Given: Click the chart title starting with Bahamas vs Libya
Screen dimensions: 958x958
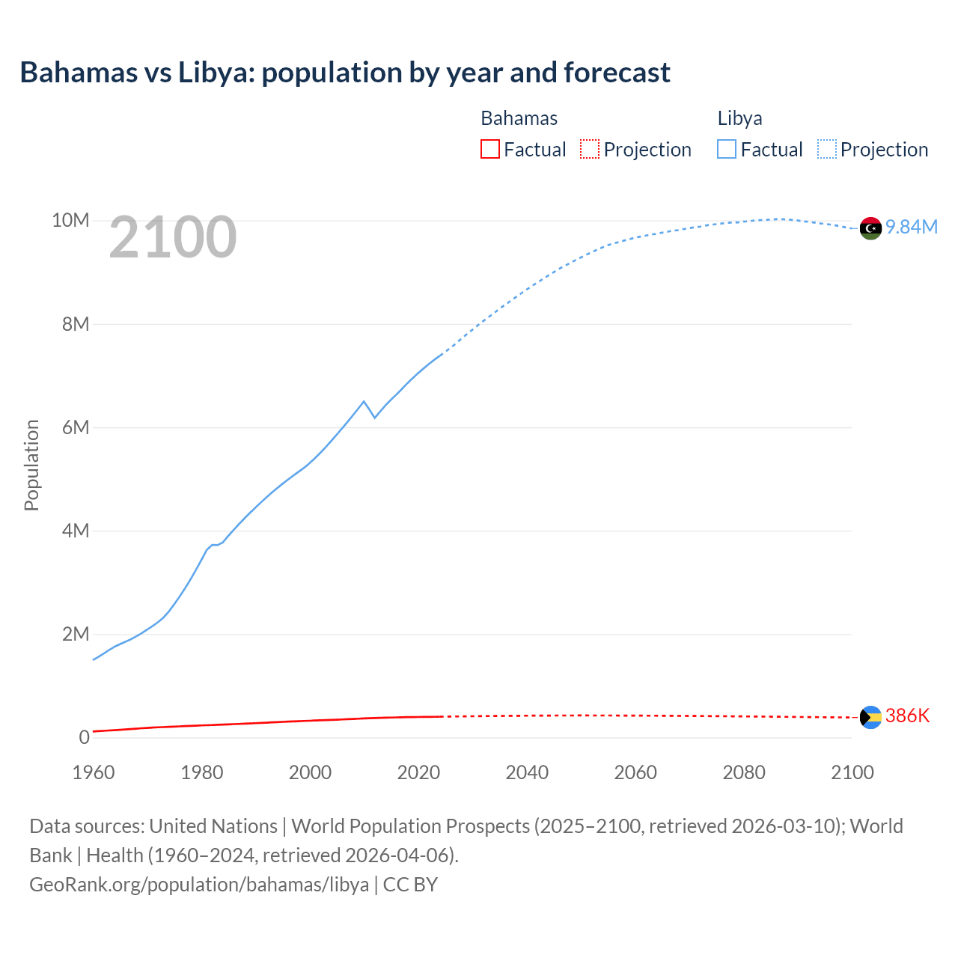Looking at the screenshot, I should pos(345,73).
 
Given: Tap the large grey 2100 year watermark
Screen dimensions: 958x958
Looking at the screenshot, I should pos(173,237).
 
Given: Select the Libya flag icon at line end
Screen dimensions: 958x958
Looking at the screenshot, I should pos(870,228).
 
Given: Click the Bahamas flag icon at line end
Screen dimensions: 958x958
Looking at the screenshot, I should pos(870,717).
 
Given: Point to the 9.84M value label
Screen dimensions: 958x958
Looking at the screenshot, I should pos(912,228).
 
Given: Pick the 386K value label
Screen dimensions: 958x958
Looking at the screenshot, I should pos(907,716).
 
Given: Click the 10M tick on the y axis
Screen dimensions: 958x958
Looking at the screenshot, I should pos(70,221).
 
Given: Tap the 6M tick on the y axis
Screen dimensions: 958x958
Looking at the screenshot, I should pos(76,427).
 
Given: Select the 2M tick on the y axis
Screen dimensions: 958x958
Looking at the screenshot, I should pos(76,635).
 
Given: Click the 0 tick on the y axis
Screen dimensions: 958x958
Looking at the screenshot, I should pos(84,738).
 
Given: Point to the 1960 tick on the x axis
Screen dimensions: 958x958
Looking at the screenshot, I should pos(94,772).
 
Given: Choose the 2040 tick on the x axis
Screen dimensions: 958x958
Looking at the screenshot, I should pos(527,772).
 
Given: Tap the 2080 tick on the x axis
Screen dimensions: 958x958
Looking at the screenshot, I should pos(744,772).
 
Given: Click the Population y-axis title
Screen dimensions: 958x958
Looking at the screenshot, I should pos(31,465).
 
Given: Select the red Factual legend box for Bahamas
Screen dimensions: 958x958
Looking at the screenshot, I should pos(490,150).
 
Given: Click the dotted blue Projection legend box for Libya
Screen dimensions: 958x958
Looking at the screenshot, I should pos(827,150).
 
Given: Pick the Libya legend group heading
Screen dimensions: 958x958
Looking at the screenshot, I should pos(739,118).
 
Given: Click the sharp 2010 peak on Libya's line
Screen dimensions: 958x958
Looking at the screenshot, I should pos(364,402).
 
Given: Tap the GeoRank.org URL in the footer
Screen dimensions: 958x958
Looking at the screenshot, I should pos(199,885).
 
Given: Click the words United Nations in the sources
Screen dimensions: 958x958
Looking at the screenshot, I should pos(213,826).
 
